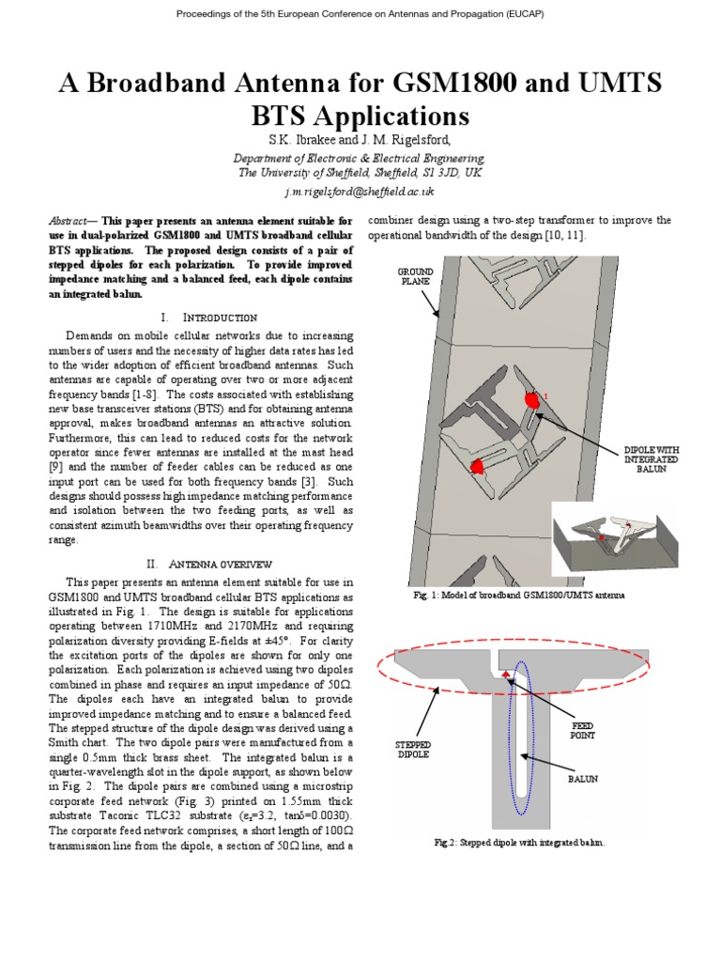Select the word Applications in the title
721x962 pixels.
[x=390, y=116]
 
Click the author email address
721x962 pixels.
[x=360, y=190]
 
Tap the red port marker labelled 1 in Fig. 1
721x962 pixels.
[x=532, y=400]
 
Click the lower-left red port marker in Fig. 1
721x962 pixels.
[x=477, y=465]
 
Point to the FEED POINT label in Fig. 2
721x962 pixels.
[x=583, y=731]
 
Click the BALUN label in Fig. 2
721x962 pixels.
[x=582, y=779]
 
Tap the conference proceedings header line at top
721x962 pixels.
[x=360, y=14]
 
